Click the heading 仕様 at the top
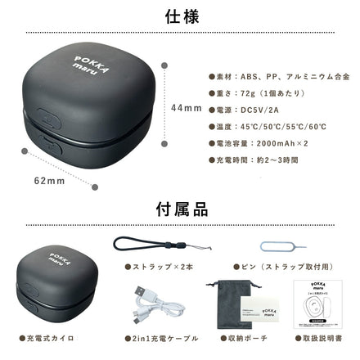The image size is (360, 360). pyautogui.click(x=180, y=16)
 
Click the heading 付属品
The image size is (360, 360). pyautogui.click(x=180, y=212)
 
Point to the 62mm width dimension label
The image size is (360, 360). pyautogui.click(x=49, y=180)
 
